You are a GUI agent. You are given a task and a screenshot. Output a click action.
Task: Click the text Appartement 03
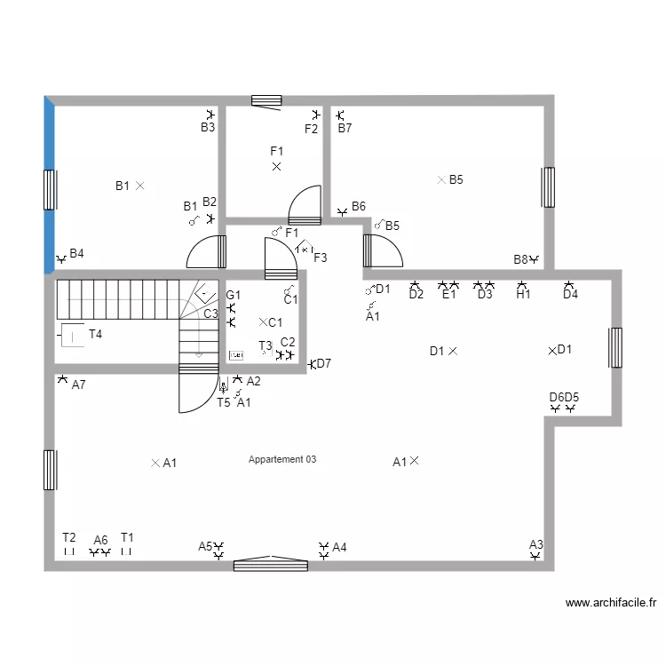tap(282, 460)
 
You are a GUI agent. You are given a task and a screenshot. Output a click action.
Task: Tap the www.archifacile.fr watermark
tap(611, 603)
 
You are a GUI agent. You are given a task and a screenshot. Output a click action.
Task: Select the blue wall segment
tap(50, 184)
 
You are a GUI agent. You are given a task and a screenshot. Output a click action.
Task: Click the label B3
tap(207, 128)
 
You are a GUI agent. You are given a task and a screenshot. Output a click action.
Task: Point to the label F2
tap(311, 130)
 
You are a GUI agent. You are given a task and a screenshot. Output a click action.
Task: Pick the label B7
tap(345, 128)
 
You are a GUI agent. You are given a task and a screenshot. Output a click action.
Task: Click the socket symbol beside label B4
tap(60, 259)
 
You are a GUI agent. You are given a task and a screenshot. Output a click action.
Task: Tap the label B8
tap(520, 260)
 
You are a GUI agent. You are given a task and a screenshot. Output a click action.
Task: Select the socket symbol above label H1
tap(522, 285)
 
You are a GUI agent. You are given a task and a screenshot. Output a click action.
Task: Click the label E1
tap(448, 296)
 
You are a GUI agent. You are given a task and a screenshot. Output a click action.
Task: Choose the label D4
tap(570, 296)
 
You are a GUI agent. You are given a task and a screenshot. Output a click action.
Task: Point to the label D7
tap(324, 363)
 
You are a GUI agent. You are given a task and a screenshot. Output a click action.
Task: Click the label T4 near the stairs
tap(95, 335)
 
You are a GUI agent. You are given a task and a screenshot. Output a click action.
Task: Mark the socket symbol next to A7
tap(61, 379)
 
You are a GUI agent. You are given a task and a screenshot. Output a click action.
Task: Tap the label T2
tap(69, 538)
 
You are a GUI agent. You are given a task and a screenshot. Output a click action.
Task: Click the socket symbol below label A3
tap(535, 556)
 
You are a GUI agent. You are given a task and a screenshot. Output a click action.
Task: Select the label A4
tap(339, 548)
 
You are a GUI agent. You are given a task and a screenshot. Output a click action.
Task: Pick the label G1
tap(233, 295)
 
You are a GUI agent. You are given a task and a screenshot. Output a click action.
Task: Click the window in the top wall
tap(266, 100)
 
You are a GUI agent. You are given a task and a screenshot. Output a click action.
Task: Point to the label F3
tap(321, 258)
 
